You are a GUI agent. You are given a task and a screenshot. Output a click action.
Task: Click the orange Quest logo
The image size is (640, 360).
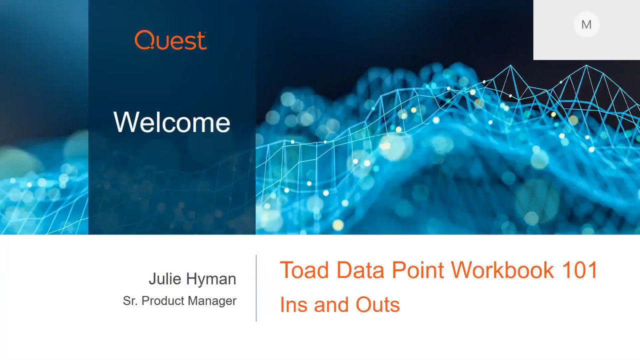(x=170, y=40)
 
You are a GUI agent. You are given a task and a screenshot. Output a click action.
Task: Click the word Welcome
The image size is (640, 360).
(x=171, y=122)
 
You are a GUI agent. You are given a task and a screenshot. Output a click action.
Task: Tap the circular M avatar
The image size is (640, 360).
(x=586, y=24)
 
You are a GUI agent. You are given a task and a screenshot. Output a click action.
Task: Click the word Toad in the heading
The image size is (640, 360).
(x=304, y=270)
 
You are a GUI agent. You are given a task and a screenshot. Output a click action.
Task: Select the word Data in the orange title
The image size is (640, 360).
(x=360, y=270)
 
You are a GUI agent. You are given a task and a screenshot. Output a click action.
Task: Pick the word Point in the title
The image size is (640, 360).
(x=417, y=270)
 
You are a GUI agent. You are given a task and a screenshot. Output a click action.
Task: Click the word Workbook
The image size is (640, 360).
(x=502, y=270)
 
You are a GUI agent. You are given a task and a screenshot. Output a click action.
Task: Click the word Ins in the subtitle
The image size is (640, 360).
(x=293, y=304)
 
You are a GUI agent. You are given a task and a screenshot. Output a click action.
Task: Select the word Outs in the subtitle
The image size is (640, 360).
(x=377, y=304)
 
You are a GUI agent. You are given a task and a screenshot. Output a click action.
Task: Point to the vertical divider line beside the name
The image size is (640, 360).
(x=256, y=288)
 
